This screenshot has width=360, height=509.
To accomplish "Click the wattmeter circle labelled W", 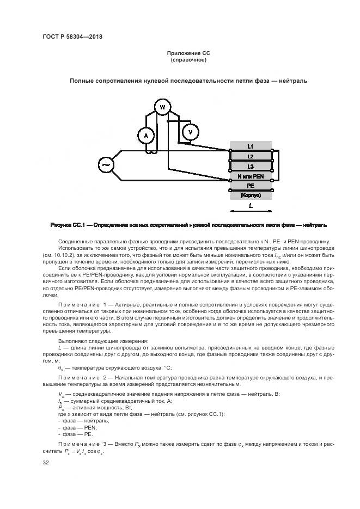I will pyautogui.click(x=161, y=107).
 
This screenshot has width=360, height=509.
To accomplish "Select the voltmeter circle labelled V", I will pyautogui.click(x=190, y=132).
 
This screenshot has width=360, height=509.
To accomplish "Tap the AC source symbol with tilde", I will pyautogui.click(x=105, y=164).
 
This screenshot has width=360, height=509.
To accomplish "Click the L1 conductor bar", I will pyautogui.click(x=250, y=146).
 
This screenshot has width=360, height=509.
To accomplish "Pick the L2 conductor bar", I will pyautogui.click(x=250, y=156).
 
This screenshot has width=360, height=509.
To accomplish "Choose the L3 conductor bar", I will pyautogui.click(x=250, y=167).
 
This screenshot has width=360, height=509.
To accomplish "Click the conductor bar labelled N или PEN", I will pyautogui.click(x=250, y=176).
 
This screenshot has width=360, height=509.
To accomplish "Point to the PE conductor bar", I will pyautogui.click(x=250, y=185).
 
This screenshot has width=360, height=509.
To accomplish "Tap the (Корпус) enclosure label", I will pyautogui.click(x=250, y=194).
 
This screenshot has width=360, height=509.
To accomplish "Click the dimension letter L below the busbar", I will pyautogui.click(x=250, y=207).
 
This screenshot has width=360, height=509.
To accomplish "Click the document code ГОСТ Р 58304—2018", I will pyautogui.click(x=72, y=36).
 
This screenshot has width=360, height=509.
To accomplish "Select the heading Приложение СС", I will pyautogui.click(x=188, y=53).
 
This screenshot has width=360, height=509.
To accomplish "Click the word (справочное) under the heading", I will pyautogui.click(x=188, y=60).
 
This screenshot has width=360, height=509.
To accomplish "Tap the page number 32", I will pyautogui.click(x=46, y=463).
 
